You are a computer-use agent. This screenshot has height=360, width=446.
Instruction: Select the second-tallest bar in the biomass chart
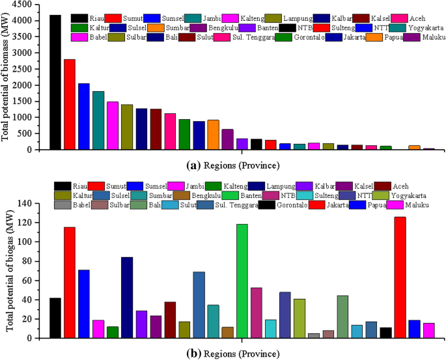(x=70, y=104)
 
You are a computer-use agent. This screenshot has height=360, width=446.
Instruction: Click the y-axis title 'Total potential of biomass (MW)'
(x=6, y=77)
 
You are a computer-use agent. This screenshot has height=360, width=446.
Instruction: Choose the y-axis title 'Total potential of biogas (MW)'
(x=9, y=271)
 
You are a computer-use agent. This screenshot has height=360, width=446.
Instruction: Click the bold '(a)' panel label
(x=193, y=165)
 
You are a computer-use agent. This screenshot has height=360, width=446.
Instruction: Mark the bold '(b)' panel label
(x=193, y=354)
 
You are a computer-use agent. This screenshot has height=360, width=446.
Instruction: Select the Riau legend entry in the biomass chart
(x=91, y=18)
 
